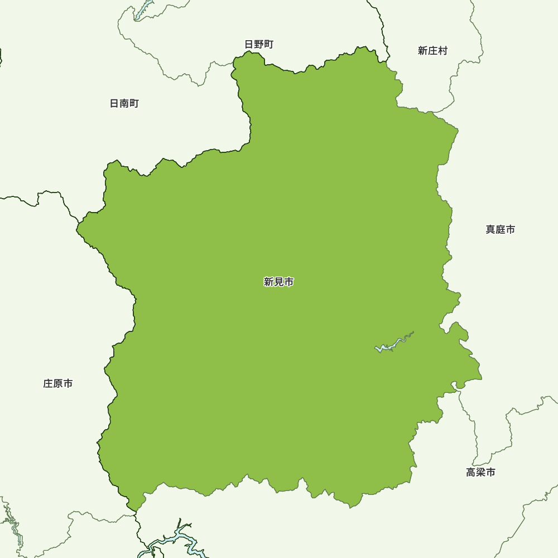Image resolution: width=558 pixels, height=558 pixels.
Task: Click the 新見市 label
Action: coord(279,282)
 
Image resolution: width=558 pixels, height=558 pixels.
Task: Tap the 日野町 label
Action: coord(259,45)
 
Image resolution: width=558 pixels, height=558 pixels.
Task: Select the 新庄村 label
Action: coord(432,51)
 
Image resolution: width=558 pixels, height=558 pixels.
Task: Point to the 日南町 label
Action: coord(124,104)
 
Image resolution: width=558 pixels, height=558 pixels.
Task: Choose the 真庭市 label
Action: coord(500,229)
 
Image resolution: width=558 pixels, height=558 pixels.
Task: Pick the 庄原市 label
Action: coord(58,384)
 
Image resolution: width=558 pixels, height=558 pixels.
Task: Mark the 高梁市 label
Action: coord(480,473)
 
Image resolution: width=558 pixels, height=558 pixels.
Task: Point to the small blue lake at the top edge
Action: coord(143,11)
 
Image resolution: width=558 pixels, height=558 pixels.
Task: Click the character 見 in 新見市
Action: coord(279,282)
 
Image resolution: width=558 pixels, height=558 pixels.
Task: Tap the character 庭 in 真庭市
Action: coord(500,229)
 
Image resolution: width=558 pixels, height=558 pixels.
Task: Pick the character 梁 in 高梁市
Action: coord(480,473)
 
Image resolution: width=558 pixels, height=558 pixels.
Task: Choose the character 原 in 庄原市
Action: coord(58,384)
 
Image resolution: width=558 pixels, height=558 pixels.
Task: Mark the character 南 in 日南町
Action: coord(124,104)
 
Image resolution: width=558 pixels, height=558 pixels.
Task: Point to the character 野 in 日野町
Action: coord(259,45)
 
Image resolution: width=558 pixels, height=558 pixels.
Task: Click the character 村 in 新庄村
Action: coord(442,51)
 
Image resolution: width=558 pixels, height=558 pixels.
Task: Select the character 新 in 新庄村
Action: coord(422,51)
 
